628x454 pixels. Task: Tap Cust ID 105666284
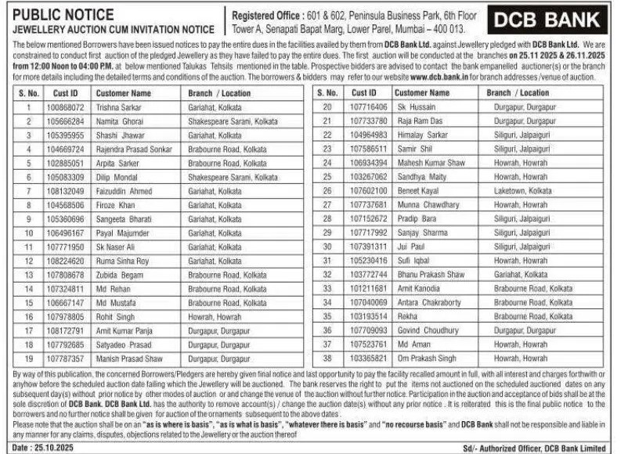tap(65, 121)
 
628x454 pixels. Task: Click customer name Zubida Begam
tap(121, 275)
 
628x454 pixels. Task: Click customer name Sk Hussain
tap(417, 106)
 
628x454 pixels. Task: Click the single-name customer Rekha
tap(408, 316)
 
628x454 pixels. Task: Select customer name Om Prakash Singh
tap(427, 359)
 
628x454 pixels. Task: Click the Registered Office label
tap(265, 14)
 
